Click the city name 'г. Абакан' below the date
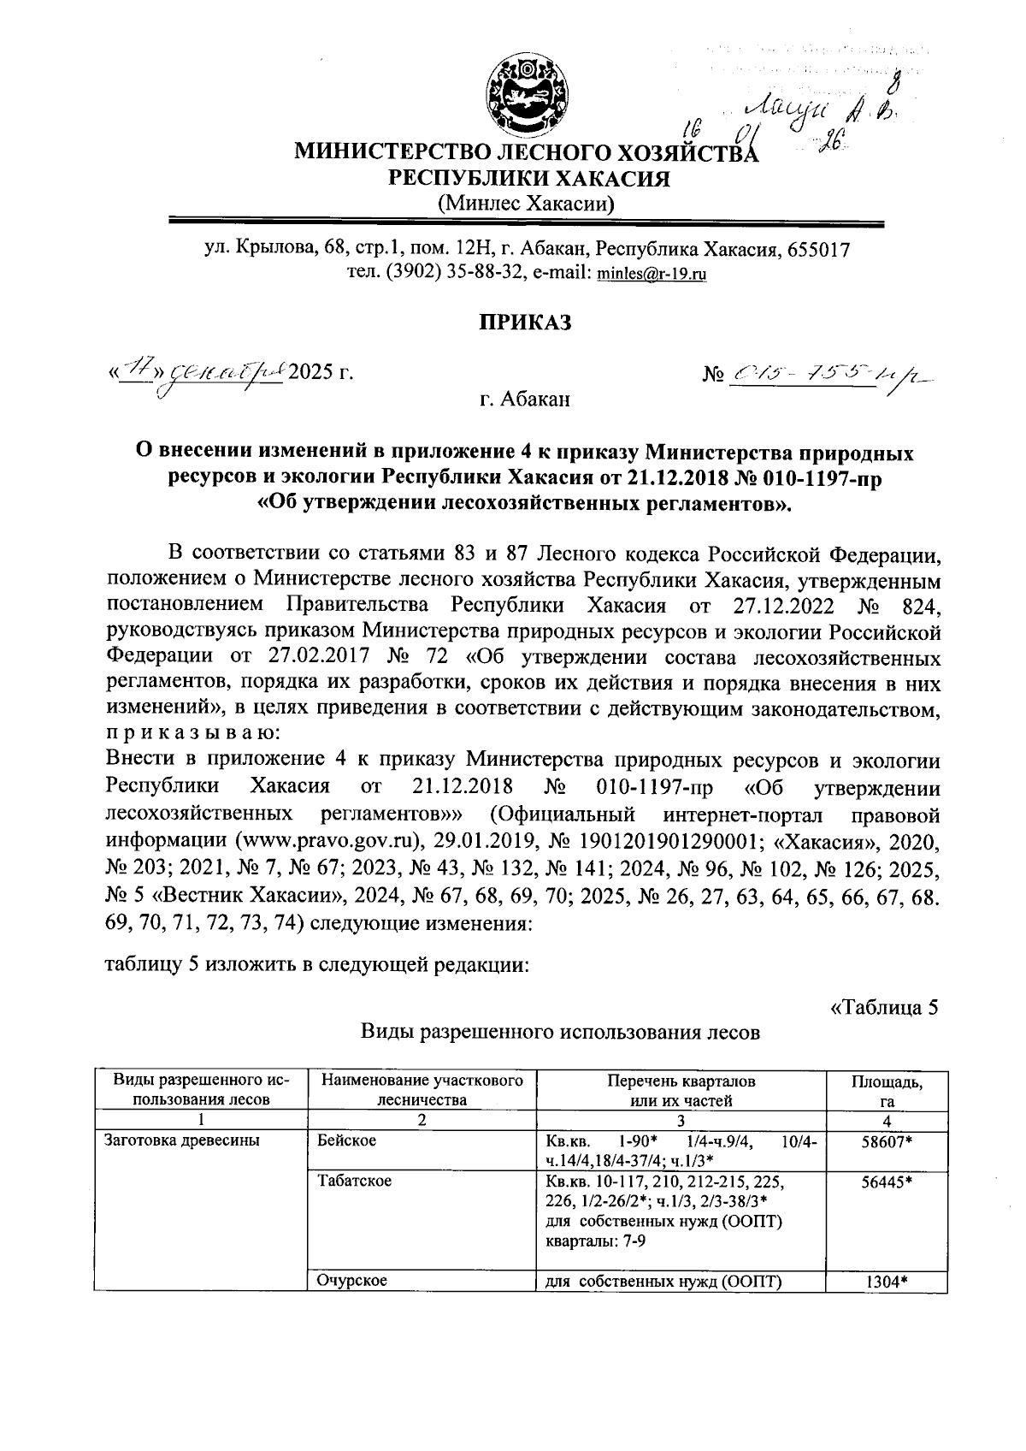coord(523,399)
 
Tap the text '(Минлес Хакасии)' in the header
coord(525,204)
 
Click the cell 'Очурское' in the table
coord(351,1280)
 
